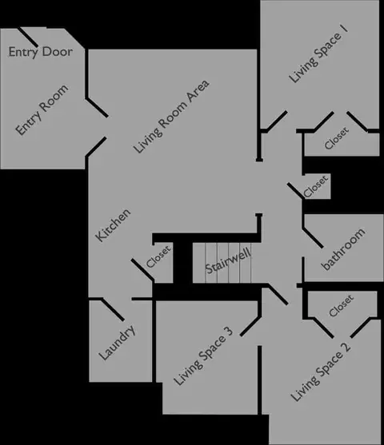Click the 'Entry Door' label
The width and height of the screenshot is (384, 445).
coord(41,52)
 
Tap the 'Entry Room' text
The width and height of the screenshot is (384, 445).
coord(42,109)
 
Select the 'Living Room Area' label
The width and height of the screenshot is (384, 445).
coord(171,117)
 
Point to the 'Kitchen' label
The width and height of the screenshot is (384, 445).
coord(113,225)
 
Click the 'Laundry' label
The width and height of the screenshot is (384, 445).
coord(117,343)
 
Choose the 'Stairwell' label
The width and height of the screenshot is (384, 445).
coord(228,260)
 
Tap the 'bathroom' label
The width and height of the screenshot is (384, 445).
coord(343,249)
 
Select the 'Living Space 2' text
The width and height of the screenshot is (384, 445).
coord(321,372)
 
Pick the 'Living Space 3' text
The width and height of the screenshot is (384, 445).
coord(203,356)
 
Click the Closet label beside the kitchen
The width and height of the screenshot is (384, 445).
coord(158,256)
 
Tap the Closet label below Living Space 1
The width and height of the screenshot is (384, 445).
coord(337,138)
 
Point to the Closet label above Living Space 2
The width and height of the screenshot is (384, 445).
coord(341,306)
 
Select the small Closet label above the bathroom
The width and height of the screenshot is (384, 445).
coord(315,186)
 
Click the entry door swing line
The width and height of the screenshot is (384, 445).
coord(28,38)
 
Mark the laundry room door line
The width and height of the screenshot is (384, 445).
coord(113,310)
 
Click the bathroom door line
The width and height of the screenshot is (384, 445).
coord(313,237)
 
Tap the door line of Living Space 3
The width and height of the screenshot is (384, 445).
coord(250,327)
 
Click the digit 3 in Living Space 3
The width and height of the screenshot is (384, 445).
coord(229,332)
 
